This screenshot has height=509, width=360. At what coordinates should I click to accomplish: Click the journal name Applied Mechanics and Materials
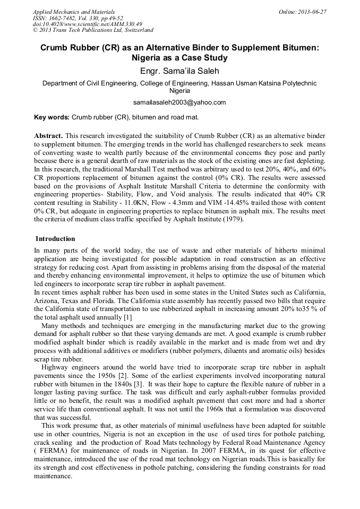73,12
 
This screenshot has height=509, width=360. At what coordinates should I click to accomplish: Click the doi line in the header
87,24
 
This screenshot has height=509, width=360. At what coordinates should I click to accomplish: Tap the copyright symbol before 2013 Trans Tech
36,31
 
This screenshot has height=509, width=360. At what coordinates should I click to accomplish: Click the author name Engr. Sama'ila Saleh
179,71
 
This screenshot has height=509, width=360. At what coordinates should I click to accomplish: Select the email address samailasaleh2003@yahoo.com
179,102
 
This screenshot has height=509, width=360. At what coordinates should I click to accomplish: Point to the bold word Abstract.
48,136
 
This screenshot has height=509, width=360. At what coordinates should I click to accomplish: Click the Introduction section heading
55,239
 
